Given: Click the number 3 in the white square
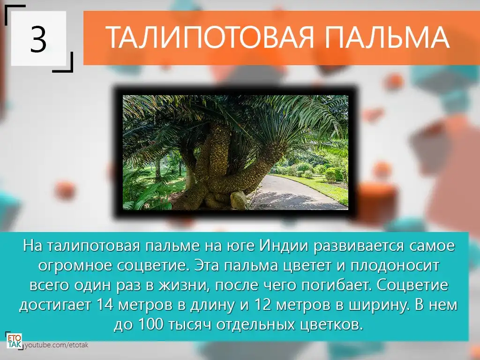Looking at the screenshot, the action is (38, 39).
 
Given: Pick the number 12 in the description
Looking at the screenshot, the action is (262, 305).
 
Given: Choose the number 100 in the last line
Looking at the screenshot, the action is (151, 324).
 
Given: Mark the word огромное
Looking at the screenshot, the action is (75, 266).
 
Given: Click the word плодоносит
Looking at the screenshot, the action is (395, 266).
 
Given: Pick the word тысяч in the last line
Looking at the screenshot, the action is (190, 325).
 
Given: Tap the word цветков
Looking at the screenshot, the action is (331, 325).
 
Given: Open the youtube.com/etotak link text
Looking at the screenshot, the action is (57, 345).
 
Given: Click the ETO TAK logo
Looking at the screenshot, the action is (15, 340).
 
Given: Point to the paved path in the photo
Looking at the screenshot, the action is (294, 193).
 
